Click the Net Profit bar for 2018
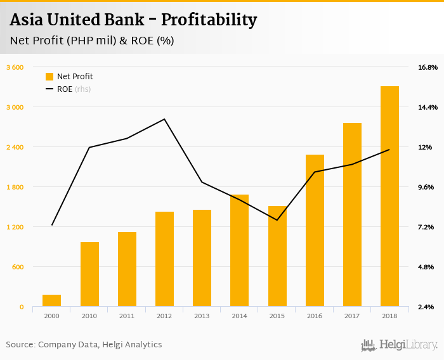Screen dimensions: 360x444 [389, 196]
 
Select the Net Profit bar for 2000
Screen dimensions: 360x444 [52, 300]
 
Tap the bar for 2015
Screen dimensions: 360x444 [277, 256]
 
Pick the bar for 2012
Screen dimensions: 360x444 [164, 259]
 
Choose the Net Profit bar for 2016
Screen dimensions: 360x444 [315, 231]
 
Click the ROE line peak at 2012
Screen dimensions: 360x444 [164, 119]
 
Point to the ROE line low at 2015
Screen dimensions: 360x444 [277, 220]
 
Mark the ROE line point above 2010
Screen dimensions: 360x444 [89, 148]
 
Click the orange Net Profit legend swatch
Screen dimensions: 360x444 [49, 77]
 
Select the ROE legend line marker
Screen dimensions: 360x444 [49, 89]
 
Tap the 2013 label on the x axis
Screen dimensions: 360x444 [202, 316]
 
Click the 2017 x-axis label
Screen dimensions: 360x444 [352, 316]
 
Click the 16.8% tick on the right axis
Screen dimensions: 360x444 [428, 67]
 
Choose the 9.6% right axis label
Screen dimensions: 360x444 [426, 187]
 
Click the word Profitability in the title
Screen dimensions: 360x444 [209, 20]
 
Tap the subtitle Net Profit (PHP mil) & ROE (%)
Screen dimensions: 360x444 [93, 41]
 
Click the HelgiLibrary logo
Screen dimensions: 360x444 [399, 345]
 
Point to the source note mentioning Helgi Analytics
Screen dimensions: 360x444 [84, 345]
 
